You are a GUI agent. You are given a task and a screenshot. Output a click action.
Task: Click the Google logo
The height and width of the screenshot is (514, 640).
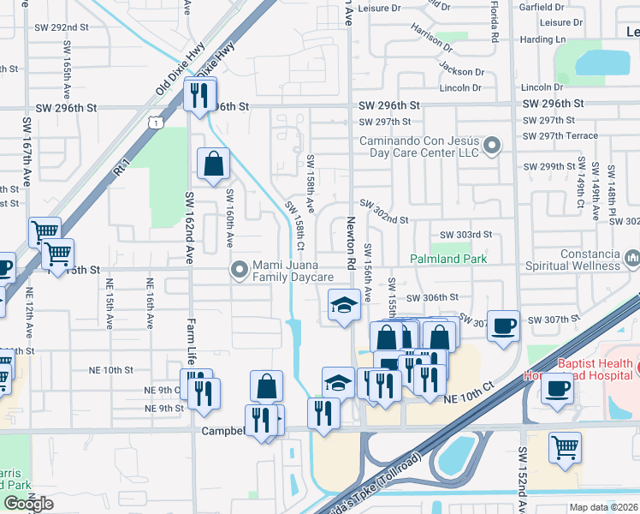point(28,504)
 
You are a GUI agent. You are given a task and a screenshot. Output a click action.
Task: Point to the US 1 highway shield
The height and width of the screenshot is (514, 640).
point(155,124)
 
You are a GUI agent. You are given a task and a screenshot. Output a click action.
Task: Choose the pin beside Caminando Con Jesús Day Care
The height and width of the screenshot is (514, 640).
point(491,146)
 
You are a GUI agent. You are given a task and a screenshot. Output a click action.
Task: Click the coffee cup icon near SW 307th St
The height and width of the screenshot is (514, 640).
point(503,326)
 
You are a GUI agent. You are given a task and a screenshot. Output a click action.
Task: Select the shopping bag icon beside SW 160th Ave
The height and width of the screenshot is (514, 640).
point(213,163)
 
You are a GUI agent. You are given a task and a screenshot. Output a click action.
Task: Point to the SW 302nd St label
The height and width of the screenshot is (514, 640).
point(384,212)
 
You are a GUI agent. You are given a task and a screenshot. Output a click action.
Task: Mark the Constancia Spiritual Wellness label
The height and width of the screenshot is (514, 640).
point(590,260)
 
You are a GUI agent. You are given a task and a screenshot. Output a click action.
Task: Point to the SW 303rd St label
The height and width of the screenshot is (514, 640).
point(466,235)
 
